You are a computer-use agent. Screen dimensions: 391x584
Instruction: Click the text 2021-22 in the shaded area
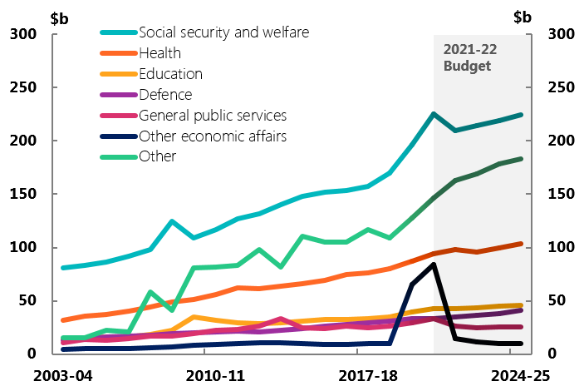[x=470, y=49]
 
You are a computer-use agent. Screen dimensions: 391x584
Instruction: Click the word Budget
[x=467, y=67]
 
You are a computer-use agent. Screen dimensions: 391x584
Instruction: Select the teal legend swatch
[x=119, y=33]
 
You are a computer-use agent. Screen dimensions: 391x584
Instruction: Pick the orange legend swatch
[x=119, y=53]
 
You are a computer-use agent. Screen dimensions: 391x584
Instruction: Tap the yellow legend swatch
[x=119, y=74]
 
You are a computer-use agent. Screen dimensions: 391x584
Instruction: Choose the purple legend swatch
[x=119, y=95]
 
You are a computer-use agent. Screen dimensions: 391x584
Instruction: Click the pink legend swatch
[x=119, y=116]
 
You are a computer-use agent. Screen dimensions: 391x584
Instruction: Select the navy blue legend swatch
[x=119, y=136]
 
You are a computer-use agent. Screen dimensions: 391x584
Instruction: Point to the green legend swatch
[x=119, y=156]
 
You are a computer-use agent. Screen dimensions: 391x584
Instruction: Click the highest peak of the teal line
[x=433, y=114]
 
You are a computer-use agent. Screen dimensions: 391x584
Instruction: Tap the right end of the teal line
[x=521, y=115]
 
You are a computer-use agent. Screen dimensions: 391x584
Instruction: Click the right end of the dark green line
[x=521, y=159]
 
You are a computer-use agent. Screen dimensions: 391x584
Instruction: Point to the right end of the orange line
[x=521, y=244]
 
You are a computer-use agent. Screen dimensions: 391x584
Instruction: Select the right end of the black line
[x=521, y=344]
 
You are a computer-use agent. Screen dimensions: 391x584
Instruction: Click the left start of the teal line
[x=63, y=268]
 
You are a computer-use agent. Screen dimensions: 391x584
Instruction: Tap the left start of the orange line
[x=63, y=319]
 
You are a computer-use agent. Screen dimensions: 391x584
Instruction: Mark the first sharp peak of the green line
[x=150, y=292]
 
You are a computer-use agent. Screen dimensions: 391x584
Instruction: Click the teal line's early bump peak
[x=171, y=221]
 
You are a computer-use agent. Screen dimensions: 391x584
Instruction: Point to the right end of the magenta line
[x=521, y=327]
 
